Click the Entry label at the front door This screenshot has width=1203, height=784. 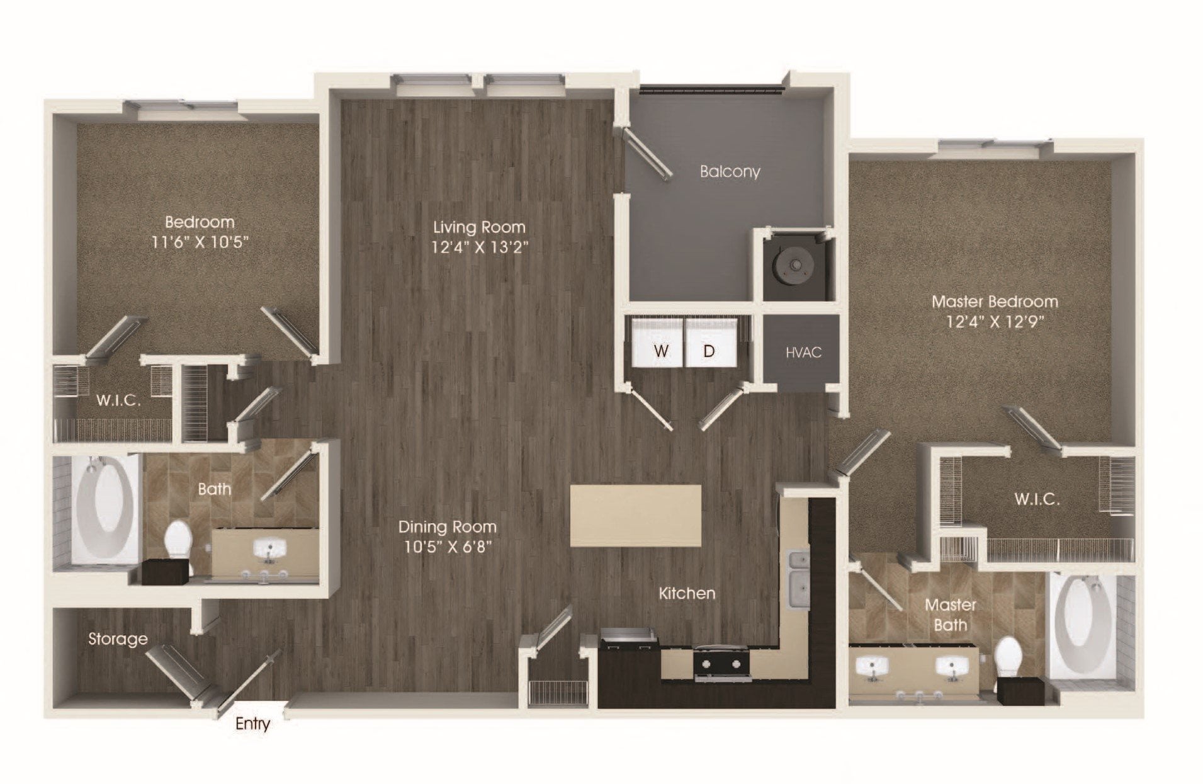(252, 724)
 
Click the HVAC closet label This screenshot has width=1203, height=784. (803, 352)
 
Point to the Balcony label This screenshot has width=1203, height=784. (730, 171)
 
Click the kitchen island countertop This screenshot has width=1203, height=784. (635, 516)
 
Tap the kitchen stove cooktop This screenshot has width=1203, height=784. (722, 664)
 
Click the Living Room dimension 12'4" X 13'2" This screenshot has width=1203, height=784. (480, 247)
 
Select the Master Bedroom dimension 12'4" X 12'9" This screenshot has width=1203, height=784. (995, 322)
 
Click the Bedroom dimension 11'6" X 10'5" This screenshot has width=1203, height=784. (200, 242)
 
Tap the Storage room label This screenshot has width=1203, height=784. (118, 639)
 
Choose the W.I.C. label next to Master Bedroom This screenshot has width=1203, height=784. (1036, 499)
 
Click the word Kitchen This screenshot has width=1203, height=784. (687, 593)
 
